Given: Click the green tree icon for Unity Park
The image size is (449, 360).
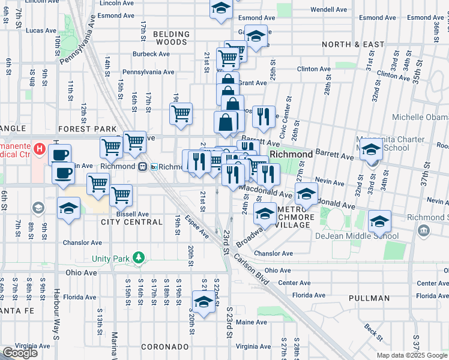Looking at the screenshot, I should pyautogui.click(x=139, y=258).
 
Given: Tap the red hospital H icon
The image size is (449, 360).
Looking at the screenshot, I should pyautogui.click(x=40, y=148).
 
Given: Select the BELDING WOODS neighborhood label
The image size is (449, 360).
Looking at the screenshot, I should pyautogui.click(x=171, y=38).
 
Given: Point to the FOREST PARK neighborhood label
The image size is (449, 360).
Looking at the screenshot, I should pyautogui.click(x=87, y=128).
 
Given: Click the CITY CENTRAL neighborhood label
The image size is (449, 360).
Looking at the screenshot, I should pyautogui.click(x=131, y=222).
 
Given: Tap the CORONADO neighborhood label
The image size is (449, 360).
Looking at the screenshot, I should pyautogui.click(x=165, y=347).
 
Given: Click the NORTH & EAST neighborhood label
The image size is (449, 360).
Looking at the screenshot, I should pyautogui.click(x=353, y=44).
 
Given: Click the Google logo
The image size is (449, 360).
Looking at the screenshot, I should pyautogui.click(x=20, y=353).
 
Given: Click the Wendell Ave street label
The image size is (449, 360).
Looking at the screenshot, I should pyautogui.click(x=329, y=10).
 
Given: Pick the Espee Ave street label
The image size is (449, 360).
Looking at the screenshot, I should pyautogui.click(x=196, y=226).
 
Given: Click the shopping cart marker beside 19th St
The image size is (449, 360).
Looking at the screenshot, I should pyautogui.click(x=181, y=113).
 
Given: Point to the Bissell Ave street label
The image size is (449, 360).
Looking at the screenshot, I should pyautogui.click(x=133, y=214).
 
